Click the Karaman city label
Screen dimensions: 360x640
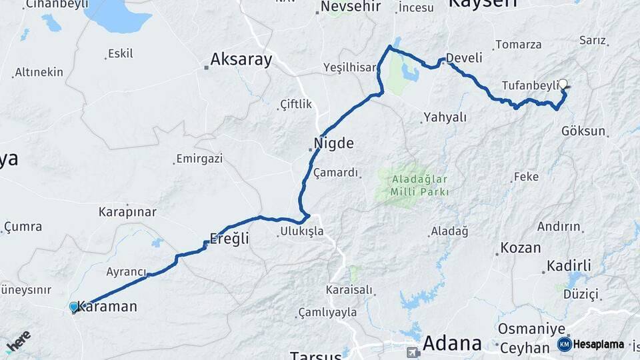point(108,307)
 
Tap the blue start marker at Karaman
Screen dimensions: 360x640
point(74,307)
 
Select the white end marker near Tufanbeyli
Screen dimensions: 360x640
point(563,84)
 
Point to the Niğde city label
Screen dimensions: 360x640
point(334,143)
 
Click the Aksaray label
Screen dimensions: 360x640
point(241,60)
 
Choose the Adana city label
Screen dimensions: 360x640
point(453,343)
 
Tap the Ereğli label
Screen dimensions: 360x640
point(229,239)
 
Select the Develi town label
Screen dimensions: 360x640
point(464,58)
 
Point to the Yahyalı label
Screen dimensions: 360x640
point(445,117)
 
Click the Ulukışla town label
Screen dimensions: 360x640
point(301,231)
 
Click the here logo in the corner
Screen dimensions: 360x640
point(19,341)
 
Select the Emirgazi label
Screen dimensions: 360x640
point(199,159)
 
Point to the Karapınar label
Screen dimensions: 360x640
point(127,212)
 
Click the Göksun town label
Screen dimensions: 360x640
point(583,131)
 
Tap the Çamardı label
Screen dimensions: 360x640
point(337,173)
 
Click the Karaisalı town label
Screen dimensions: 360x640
point(349,290)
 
